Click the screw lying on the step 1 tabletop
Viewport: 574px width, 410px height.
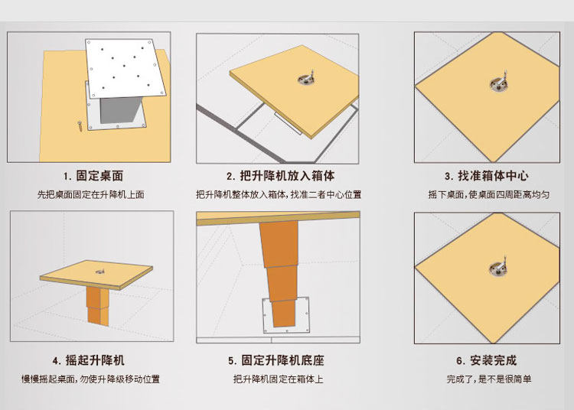coord(80,125)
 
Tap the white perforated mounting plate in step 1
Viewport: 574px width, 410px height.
coord(126,68)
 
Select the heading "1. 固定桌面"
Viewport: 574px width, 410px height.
coord(93,176)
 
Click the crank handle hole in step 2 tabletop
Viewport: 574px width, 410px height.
coord(305,79)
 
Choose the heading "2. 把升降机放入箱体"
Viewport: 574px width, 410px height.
coord(280,176)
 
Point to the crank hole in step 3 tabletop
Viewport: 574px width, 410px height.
coord(498,85)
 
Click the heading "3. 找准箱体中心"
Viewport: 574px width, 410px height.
coord(487,176)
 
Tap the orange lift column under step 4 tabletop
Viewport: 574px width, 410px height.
coord(98,306)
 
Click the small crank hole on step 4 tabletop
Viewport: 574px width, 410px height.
coord(99,272)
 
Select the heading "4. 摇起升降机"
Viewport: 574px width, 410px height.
coord(88,360)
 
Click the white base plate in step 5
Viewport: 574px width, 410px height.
coord(286,315)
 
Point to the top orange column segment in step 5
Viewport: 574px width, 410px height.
coord(279,243)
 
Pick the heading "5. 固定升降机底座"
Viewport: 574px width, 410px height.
coord(276,360)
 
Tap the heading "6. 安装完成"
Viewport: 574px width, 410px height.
coord(487,360)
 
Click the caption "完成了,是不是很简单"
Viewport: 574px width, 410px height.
coord(489,379)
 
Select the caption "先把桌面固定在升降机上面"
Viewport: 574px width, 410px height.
coord(91,194)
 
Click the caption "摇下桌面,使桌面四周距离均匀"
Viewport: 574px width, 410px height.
coord(489,194)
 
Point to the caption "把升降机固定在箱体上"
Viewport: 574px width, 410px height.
coord(279,379)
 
